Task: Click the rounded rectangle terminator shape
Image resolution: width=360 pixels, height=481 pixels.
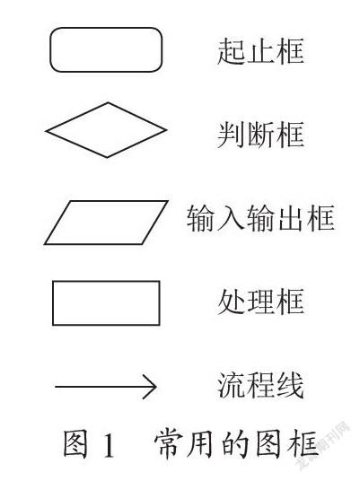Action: click(106, 29)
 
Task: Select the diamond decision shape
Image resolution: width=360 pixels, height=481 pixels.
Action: click(77, 117)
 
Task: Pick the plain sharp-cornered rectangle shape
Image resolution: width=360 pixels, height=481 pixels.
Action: click(106, 281)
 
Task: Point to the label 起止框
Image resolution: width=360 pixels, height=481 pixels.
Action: click(261, 51)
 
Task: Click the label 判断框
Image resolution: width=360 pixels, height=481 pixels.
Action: click(261, 135)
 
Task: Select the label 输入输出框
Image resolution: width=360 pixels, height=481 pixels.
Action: click(261, 218)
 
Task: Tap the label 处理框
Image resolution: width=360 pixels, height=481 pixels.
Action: click(261, 302)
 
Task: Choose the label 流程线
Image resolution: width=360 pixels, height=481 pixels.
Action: click(261, 385)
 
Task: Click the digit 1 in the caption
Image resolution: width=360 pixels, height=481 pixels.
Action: click(108, 444)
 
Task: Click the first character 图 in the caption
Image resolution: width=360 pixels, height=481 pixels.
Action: click(75, 444)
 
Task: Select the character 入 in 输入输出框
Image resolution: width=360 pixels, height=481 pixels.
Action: click(231, 218)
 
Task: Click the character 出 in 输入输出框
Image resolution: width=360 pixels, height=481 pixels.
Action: click(290, 218)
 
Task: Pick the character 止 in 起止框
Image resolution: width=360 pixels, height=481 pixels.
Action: click(261, 51)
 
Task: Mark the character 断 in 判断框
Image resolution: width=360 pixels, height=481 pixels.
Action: click(261, 135)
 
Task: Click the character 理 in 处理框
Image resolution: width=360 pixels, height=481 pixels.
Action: click(261, 302)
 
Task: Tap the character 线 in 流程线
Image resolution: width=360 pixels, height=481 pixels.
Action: click(290, 385)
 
